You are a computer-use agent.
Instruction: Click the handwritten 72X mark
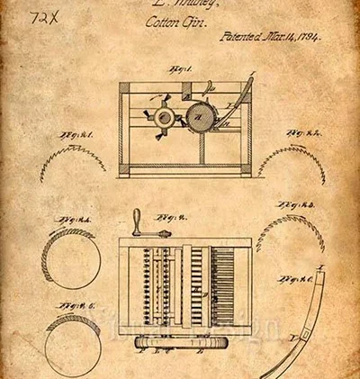pos(42,17)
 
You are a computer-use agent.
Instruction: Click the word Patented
pos(239,39)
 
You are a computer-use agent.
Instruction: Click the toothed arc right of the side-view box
pos(289,158)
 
